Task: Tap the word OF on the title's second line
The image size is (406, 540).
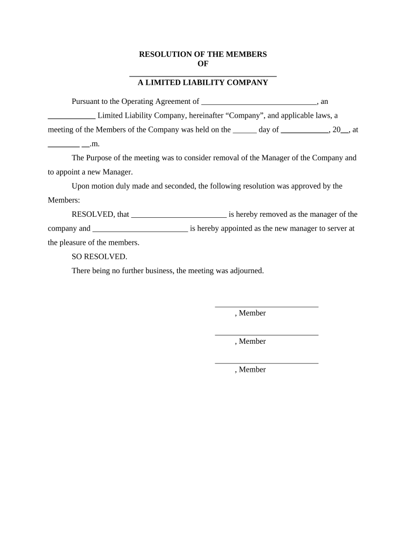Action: (203, 63)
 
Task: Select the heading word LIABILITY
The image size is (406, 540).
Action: (200, 82)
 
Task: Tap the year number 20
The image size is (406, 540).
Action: (336, 130)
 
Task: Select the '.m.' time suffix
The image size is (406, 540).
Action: (95, 143)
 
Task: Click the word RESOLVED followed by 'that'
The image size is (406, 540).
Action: (93, 215)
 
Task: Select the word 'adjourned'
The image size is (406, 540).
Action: (245, 271)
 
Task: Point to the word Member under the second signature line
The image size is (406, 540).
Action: (252, 341)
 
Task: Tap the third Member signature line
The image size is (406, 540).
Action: (266, 362)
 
